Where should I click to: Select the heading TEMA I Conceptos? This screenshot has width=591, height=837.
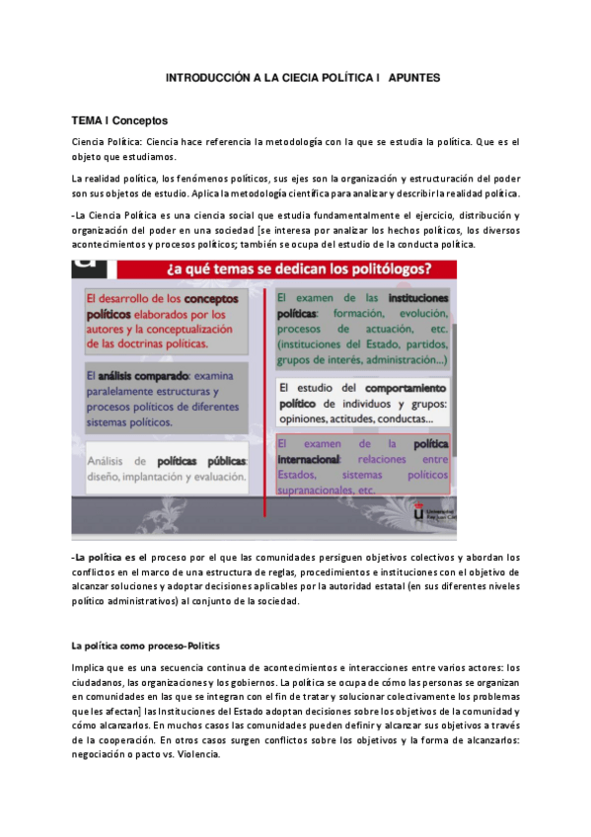pyautogui.click(x=119, y=120)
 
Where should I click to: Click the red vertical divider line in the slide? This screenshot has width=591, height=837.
pyautogui.click(x=263, y=395)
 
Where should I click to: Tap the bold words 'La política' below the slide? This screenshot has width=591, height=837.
pyautogui.click(x=100, y=558)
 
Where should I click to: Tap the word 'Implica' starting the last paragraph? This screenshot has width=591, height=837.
pyautogui.click(x=89, y=669)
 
